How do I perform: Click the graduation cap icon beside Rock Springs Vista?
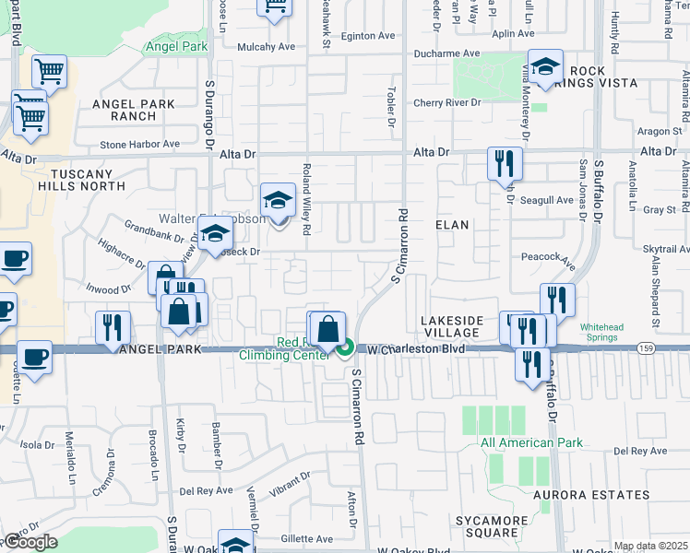coord(546,67)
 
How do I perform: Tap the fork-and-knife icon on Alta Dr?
coord(505,164)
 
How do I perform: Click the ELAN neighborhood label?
coord(452,225)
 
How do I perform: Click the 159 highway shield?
coord(645,347)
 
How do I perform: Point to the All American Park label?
coord(531,442)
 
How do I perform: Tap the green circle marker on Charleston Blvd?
coord(345,348)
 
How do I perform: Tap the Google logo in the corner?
coord(30,542)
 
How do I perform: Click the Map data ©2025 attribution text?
coord(649,547)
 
